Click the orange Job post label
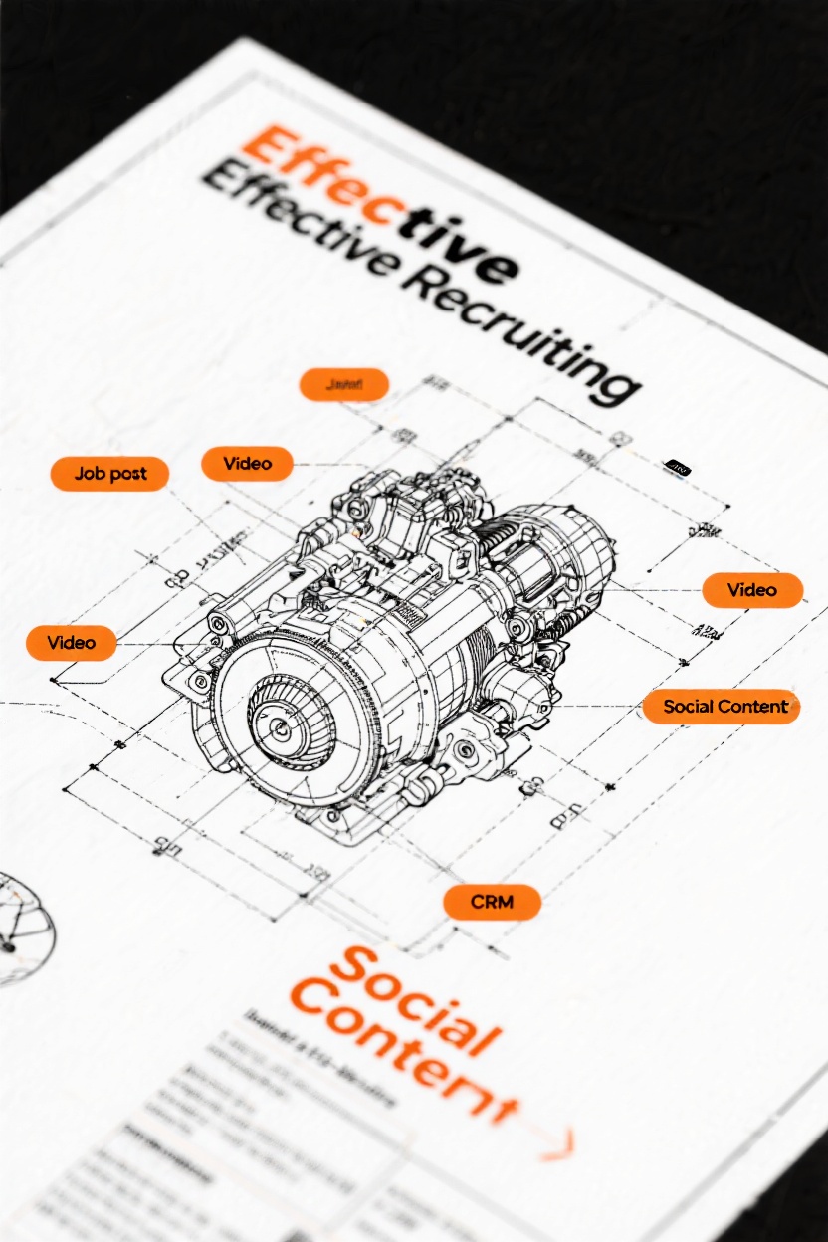tap(109, 474)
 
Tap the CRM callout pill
tap(492, 903)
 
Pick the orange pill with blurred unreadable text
tap(343, 384)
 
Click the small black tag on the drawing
tap(677, 466)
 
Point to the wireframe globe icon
tap(20, 926)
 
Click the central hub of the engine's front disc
tap(280, 726)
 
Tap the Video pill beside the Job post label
tap(248, 464)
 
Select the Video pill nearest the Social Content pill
tap(751, 590)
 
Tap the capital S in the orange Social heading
tap(353, 970)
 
